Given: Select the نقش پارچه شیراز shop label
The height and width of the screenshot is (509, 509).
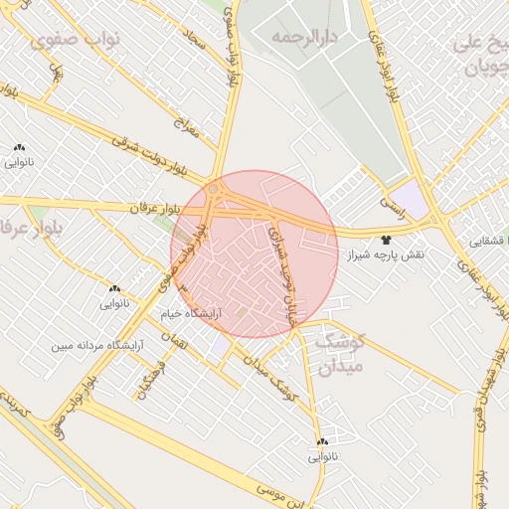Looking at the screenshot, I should click(386, 255).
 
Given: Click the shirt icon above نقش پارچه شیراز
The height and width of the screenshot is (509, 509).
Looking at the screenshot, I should click(386, 240).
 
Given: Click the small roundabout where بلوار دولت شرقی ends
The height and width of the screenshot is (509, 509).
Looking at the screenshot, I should click(214, 187).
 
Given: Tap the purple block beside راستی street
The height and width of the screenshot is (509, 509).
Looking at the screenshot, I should click(410, 198).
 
